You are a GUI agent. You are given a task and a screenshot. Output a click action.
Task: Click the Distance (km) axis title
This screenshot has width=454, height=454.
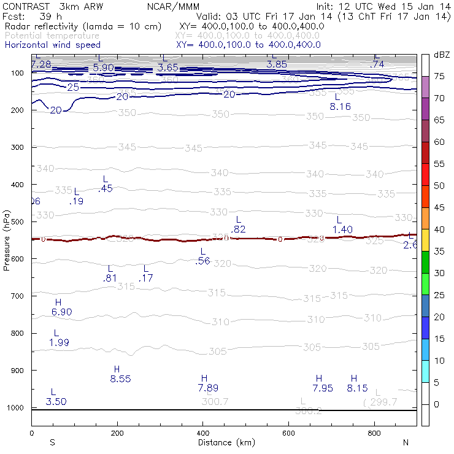click(x=226, y=442)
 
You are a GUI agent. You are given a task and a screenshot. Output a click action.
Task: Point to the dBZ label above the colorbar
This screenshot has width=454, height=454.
click(x=441, y=55)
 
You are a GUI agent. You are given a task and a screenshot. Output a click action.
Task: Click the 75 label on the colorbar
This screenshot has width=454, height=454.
click(x=440, y=76)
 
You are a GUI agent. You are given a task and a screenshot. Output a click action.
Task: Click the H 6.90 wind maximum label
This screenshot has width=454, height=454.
click(x=61, y=307)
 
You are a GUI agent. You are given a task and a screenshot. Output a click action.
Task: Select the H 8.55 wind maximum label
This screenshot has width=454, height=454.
click(x=120, y=374)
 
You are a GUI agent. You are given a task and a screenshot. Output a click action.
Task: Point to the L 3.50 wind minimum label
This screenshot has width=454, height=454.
click(x=55, y=397)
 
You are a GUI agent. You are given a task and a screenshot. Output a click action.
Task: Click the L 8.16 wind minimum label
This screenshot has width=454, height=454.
click(x=340, y=102)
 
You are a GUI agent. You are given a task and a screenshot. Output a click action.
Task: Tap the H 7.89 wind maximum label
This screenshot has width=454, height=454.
click(x=207, y=383)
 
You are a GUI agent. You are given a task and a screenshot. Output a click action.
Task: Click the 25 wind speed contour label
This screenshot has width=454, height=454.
click(x=73, y=88)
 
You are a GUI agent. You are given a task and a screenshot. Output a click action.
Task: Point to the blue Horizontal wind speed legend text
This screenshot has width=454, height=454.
click(x=52, y=45)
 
